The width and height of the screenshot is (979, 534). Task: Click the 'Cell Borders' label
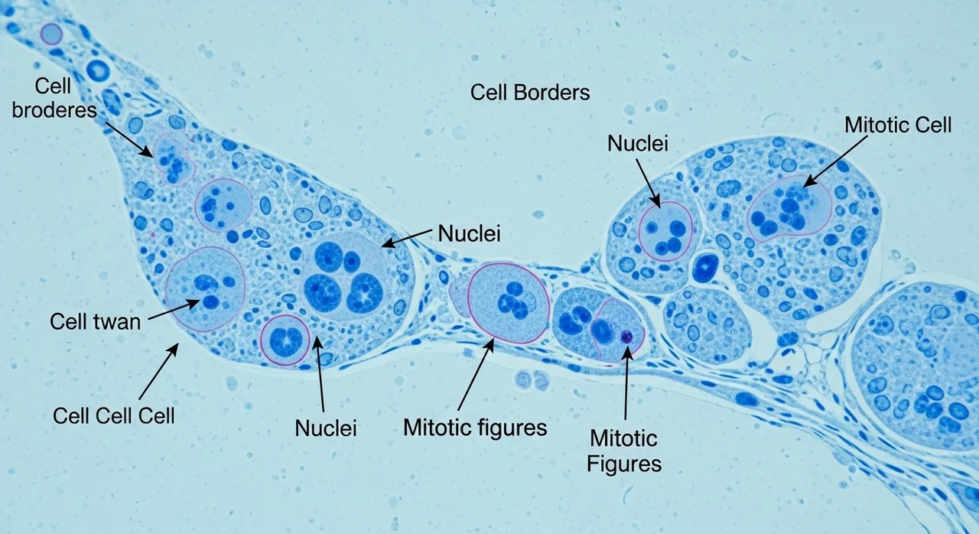pyautogui.click(x=530, y=93)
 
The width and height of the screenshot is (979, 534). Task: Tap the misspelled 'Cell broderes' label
pyautogui.click(x=54, y=98)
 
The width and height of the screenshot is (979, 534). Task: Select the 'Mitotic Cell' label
pyautogui.click(x=898, y=125)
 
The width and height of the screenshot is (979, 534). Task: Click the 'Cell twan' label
pyautogui.click(x=96, y=322)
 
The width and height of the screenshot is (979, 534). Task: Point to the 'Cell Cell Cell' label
pyautogui.click(x=114, y=415)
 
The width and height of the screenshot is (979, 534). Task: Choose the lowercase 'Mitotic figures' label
pyautogui.click(x=475, y=428)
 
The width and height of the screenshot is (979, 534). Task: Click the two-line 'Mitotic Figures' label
pyautogui.click(x=623, y=451)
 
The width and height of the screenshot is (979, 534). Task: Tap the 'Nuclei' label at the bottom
pyautogui.click(x=326, y=428)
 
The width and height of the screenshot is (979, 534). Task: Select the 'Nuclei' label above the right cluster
pyautogui.click(x=638, y=143)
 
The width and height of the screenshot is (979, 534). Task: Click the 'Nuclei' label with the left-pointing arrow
pyautogui.click(x=469, y=234)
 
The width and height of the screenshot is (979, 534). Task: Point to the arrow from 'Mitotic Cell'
pyautogui.click(x=836, y=161)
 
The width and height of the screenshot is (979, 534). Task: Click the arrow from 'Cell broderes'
pyautogui.click(x=129, y=139)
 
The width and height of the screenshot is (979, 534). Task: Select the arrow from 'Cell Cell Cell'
pyautogui.click(x=158, y=371)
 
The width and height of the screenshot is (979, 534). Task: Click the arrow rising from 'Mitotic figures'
pyautogui.click(x=476, y=375)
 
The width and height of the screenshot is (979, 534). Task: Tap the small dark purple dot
pyautogui.click(x=626, y=337)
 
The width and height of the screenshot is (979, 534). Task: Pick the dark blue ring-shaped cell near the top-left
pyautogui.click(x=98, y=70)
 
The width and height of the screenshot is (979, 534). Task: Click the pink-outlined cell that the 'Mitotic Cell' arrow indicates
pyautogui.click(x=789, y=208)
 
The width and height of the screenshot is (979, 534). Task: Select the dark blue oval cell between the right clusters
pyautogui.click(x=705, y=266)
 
